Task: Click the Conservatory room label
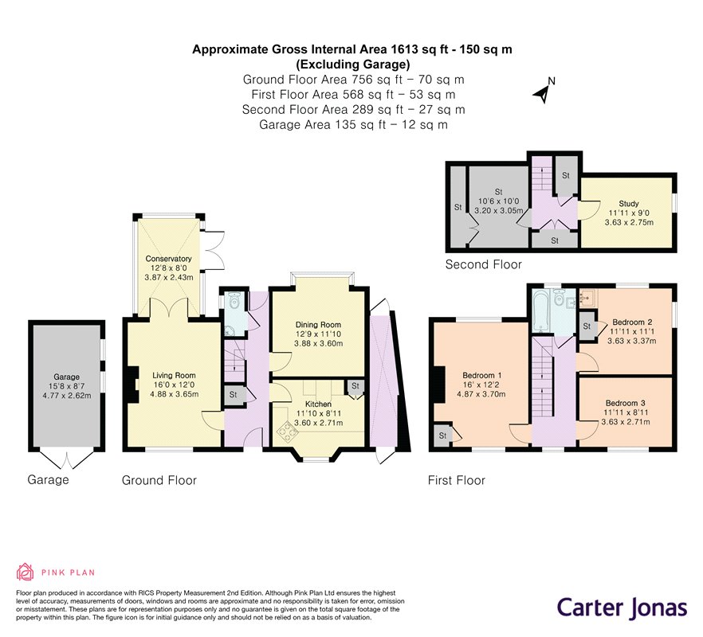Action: [x=168, y=259]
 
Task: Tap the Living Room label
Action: [x=174, y=375]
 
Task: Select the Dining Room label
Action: [x=318, y=324]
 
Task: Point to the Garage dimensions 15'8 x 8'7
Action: [x=66, y=386]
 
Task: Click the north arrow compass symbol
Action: [x=544, y=92]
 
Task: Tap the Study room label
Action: [x=629, y=203]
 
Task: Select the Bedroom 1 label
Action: [x=482, y=375]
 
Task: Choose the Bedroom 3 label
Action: [x=625, y=403]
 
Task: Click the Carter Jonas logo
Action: [x=622, y=608]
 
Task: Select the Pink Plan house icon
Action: [x=26, y=572]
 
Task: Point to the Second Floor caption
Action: [x=483, y=264]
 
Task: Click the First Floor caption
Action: [x=457, y=480]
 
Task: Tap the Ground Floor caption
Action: [x=159, y=480]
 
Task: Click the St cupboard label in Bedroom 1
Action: [x=442, y=436]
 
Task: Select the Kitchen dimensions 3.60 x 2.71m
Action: [x=318, y=423]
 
